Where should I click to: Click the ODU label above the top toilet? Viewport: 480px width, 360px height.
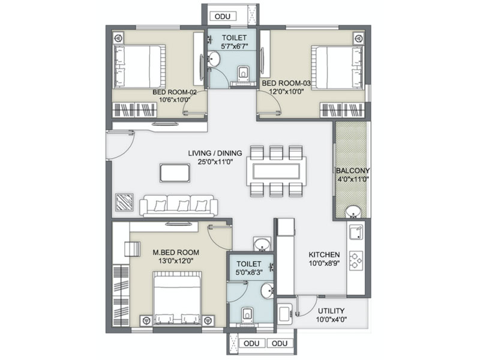pyautogui.click(x=222, y=16)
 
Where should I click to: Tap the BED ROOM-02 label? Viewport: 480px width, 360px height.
pyautogui.click(x=175, y=92)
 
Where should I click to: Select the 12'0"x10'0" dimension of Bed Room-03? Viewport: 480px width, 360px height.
pyautogui.click(x=286, y=91)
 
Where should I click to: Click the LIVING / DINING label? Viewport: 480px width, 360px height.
pyautogui.click(x=215, y=153)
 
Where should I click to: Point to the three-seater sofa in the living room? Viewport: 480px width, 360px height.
pyautogui.click(x=179, y=206)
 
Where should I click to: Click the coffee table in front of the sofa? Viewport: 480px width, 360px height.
pyautogui.click(x=175, y=173)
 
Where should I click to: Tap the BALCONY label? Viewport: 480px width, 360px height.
pyautogui.click(x=353, y=170)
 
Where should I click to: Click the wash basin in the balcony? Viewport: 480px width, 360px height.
pyautogui.click(x=353, y=212)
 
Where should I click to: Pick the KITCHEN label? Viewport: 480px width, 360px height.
pyautogui.click(x=324, y=254)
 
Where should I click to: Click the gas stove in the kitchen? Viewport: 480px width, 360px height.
pyautogui.click(x=356, y=261)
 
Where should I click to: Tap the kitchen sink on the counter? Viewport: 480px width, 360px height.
pyautogui.click(x=356, y=232)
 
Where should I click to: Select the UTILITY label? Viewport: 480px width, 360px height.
pyautogui.click(x=331, y=311)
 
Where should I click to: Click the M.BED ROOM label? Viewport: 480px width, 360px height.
pyautogui.click(x=176, y=253)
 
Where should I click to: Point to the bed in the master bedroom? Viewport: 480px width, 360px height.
pyautogui.click(x=177, y=297)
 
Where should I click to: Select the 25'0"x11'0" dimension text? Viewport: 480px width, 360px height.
pyautogui.click(x=215, y=161)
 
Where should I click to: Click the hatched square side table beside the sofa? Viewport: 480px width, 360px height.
pyautogui.click(x=124, y=202)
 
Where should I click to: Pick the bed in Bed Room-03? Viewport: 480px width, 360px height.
pyautogui.click(x=337, y=67)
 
